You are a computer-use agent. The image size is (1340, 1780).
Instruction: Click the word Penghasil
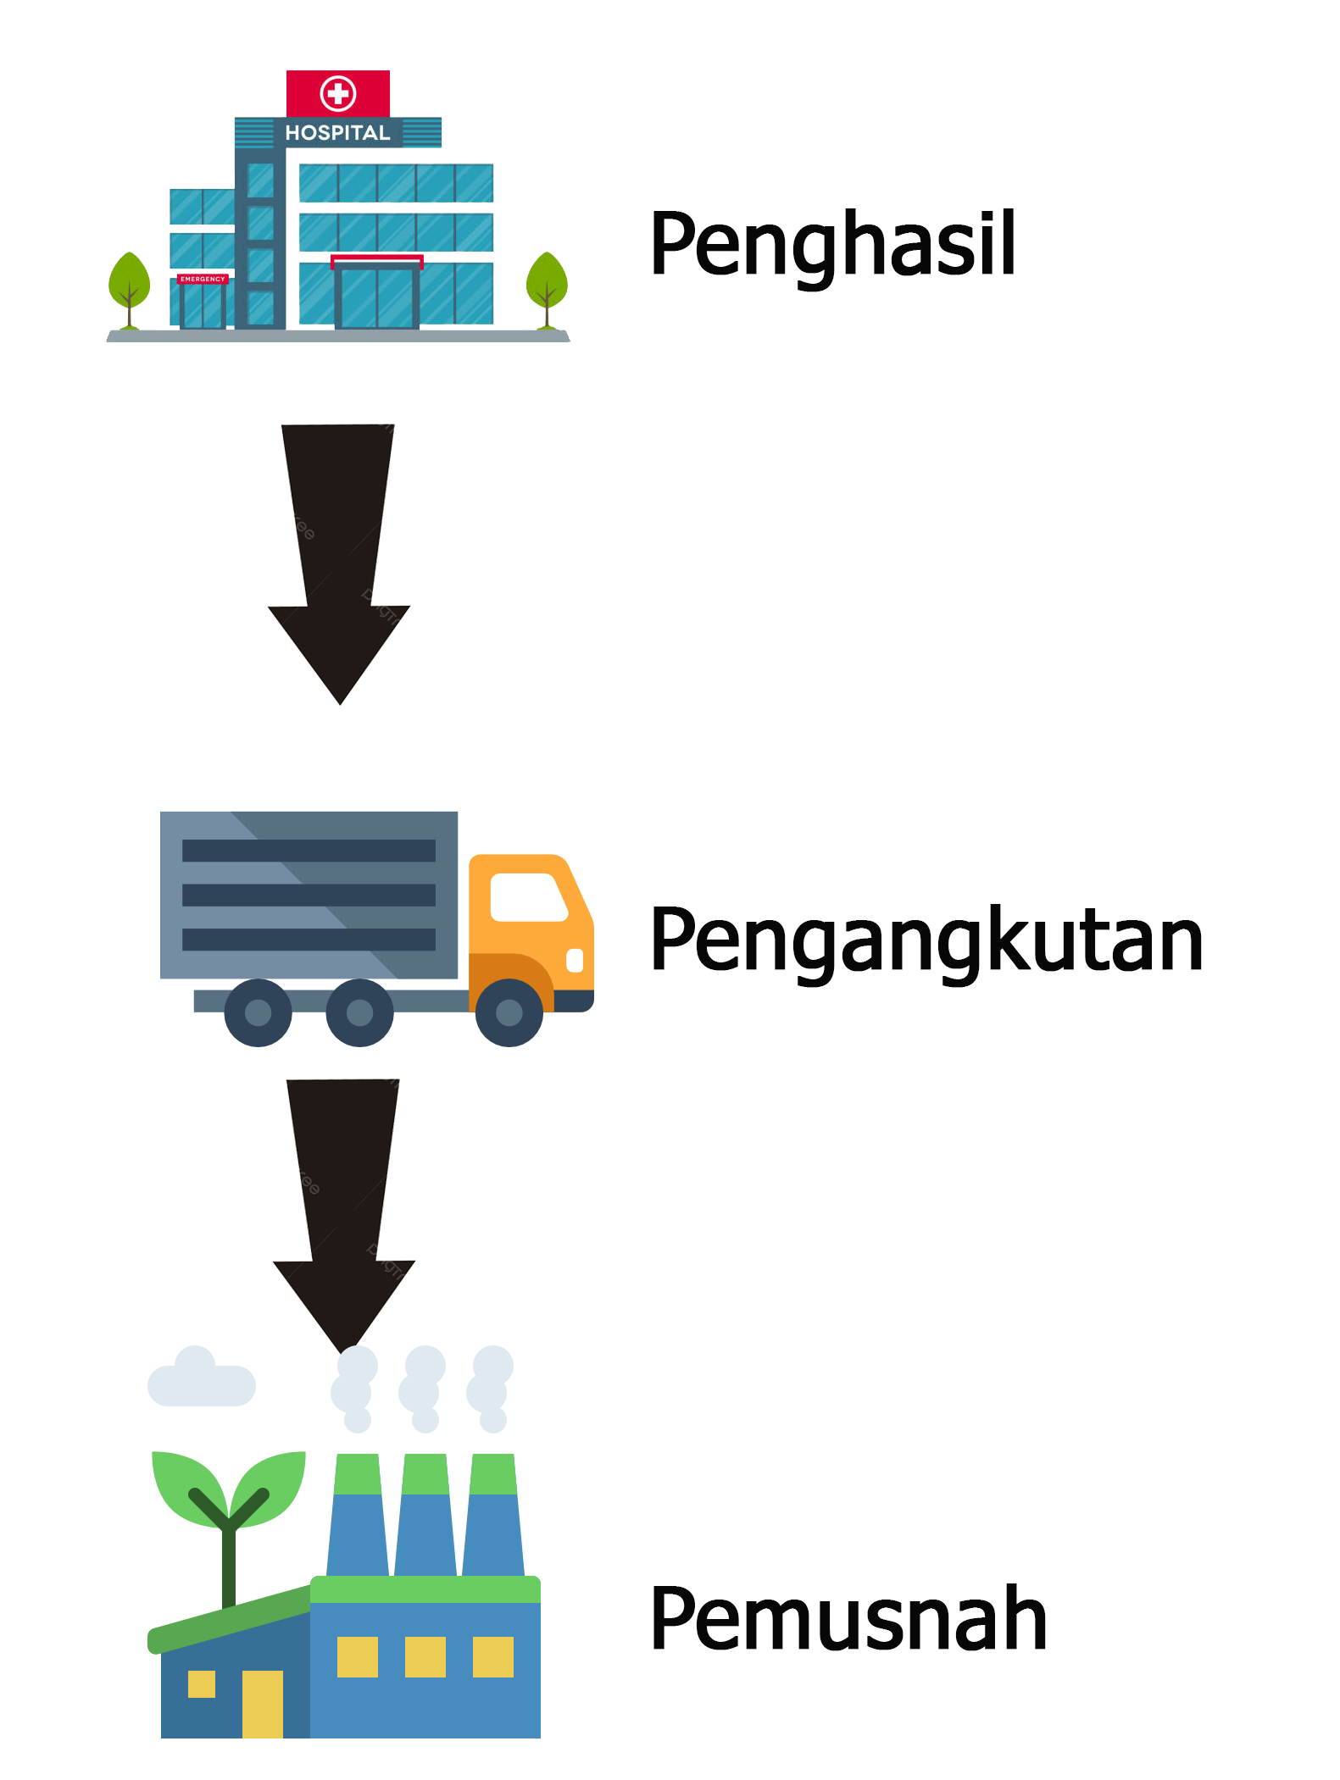pyautogui.click(x=832, y=245)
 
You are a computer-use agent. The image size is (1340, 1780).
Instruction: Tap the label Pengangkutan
pyautogui.click(x=926, y=940)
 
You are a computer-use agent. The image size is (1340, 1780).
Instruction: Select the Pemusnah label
pyautogui.click(x=848, y=1619)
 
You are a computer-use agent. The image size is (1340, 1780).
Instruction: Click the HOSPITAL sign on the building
pyautogui.click(x=337, y=133)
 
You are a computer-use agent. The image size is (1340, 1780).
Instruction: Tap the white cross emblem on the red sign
pyautogui.click(x=338, y=93)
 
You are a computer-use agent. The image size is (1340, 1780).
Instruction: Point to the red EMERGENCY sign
pyautogui.click(x=203, y=279)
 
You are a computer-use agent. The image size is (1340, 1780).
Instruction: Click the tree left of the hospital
pyautogui.click(x=130, y=284)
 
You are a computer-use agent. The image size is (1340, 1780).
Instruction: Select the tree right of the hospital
pyautogui.click(x=547, y=284)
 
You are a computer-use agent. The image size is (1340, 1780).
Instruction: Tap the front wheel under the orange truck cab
pyautogui.click(x=509, y=1012)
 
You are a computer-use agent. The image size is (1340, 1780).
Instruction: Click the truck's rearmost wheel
pyautogui.click(x=258, y=1012)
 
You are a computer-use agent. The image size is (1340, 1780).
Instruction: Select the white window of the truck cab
pyautogui.click(x=527, y=896)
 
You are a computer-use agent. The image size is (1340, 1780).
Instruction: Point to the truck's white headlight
pyautogui.click(x=575, y=960)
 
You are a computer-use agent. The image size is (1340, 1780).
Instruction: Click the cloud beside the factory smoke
pyautogui.click(x=201, y=1379)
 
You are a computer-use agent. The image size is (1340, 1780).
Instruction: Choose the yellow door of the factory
pyautogui.click(x=263, y=1704)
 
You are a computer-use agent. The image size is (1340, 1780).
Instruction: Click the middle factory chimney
pyautogui.click(x=425, y=1517)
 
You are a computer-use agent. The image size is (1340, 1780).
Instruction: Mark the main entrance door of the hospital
pyautogui.click(x=376, y=297)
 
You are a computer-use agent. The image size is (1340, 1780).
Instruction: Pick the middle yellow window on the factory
pyautogui.click(x=425, y=1656)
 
